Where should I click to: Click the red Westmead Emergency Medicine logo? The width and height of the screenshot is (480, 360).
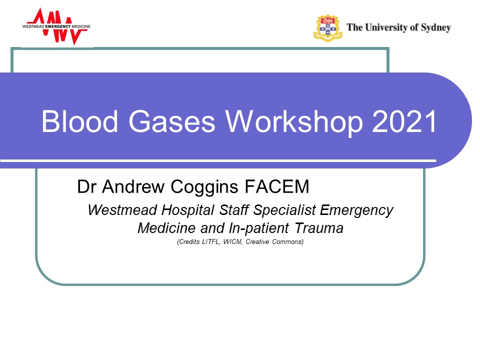click(x=56, y=26)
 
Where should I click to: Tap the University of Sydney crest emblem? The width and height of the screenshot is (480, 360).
click(x=327, y=28)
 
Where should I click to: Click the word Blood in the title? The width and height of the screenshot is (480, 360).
click(x=79, y=121)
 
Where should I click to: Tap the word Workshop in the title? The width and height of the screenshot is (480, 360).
click(x=294, y=122)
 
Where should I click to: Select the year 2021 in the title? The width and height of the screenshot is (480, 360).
click(x=404, y=121)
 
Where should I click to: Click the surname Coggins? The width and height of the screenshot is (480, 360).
click(x=204, y=187)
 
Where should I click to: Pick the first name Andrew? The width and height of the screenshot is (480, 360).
click(x=133, y=186)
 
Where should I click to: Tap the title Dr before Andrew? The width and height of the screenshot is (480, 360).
click(x=86, y=186)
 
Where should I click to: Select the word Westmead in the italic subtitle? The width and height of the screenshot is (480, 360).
click(x=122, y=210)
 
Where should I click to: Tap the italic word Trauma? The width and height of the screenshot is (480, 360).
click(x=319, y=228)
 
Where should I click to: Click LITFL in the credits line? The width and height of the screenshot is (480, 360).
click(x=211, y=242)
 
